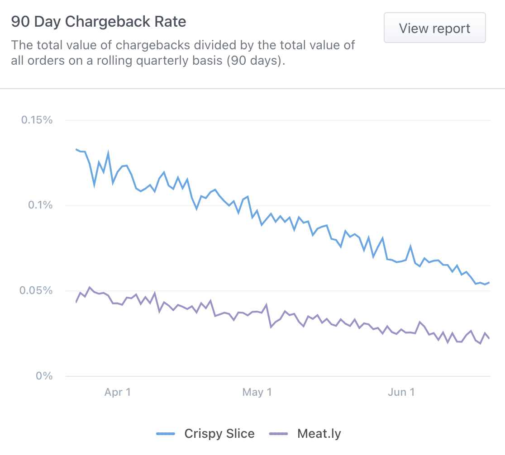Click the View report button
[x=434, y=28]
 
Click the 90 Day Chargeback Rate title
[x=99, y=22]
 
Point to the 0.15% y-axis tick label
[x=37, y=120]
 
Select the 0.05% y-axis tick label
[x=37, y=290]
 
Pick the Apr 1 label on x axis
[x=118, y=392]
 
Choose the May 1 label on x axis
[x=257, y=392]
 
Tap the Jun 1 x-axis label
[x=401, y=392]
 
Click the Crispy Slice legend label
[x=219, y=434]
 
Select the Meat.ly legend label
[x=319, y=434]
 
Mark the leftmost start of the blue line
[x=76, y=149]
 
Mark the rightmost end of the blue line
[x=489, y=283]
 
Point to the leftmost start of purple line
[x=76, y=302]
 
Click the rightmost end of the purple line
[x=489, y=338]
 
